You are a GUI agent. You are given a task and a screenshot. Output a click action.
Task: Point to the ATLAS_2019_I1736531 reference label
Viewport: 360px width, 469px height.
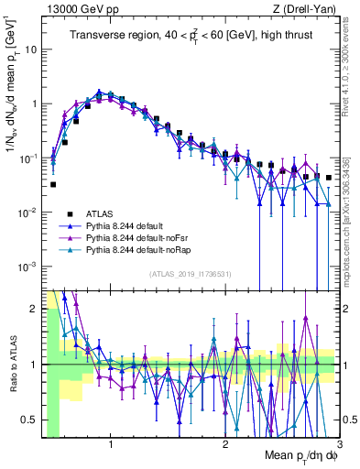point(191,274)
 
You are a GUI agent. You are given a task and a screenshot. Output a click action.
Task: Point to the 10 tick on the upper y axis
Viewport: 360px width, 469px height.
point(32,49)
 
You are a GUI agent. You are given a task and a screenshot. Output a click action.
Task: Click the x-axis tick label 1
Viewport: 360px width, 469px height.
point(111,443)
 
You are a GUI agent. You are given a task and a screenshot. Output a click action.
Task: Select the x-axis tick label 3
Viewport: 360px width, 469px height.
point(339,443)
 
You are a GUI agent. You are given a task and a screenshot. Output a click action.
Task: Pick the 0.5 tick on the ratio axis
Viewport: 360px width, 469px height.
point(30,420)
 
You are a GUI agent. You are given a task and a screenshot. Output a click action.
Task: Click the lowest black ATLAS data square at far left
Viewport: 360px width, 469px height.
point(53,184)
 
